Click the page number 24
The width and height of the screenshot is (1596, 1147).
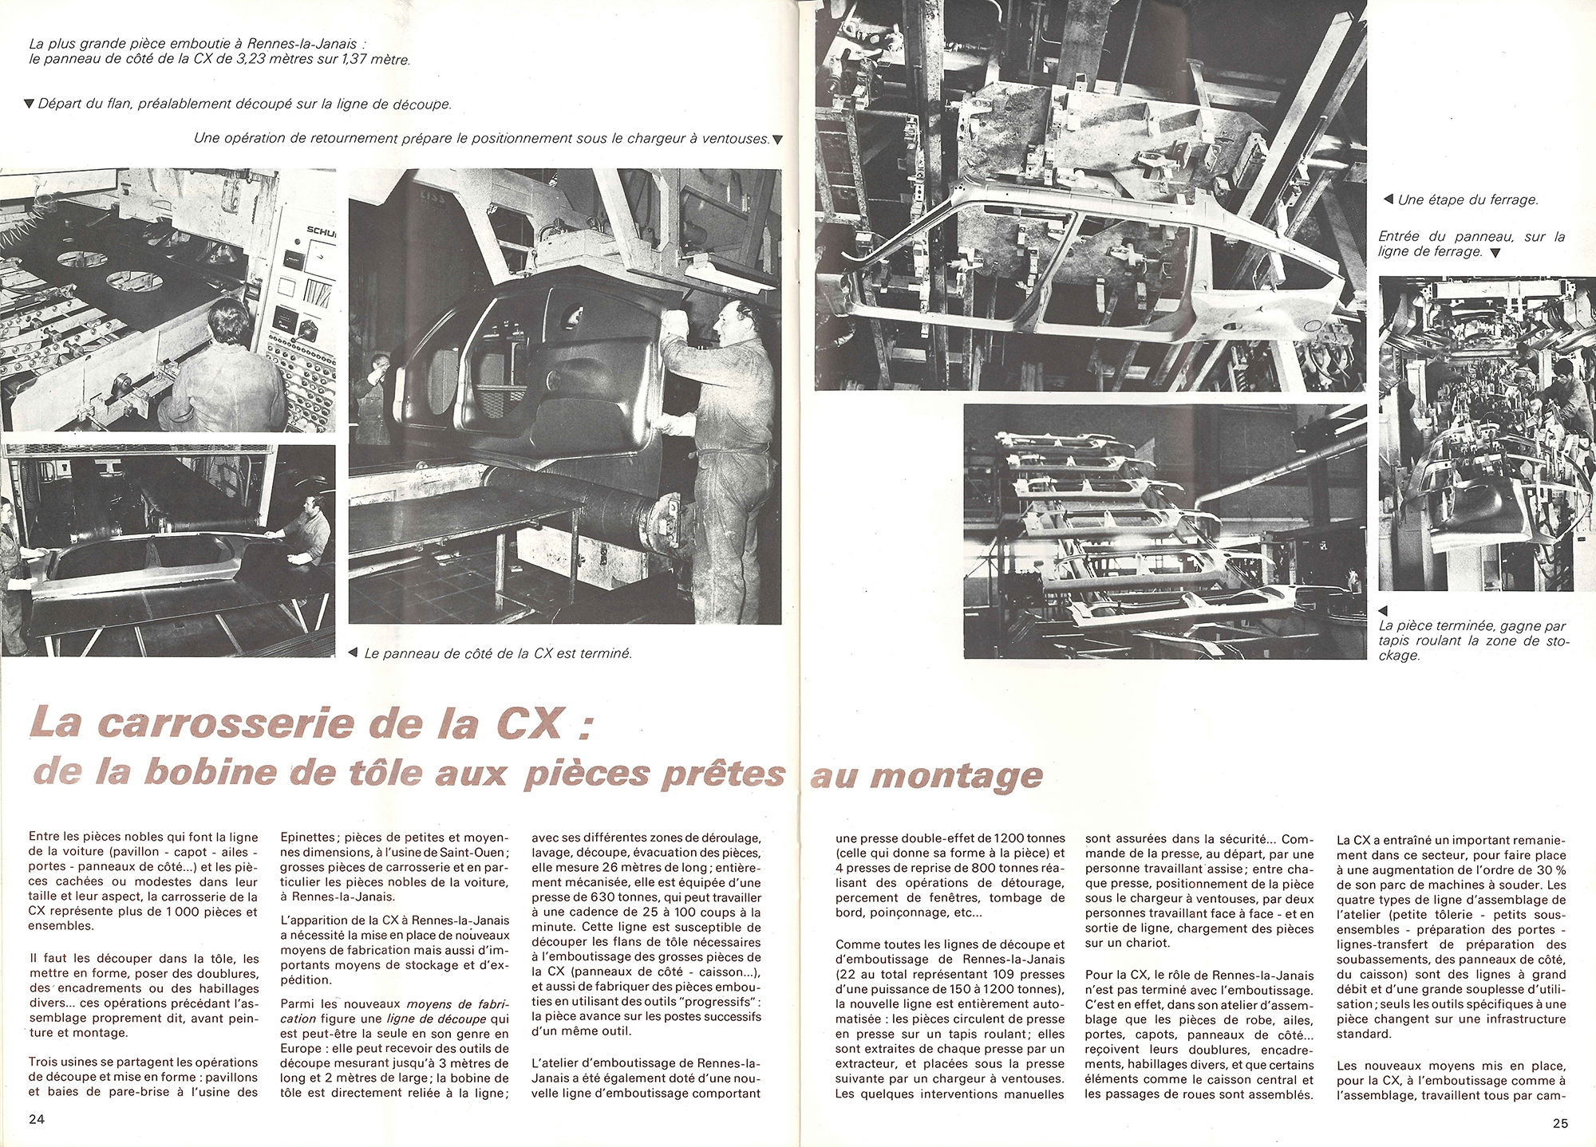[x=37, y=1118]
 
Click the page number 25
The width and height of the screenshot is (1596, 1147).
[x=1560, y=1123]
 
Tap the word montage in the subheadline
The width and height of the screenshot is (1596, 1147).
[x=966, y=775]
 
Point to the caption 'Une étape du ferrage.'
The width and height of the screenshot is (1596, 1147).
[x=1467, y=200]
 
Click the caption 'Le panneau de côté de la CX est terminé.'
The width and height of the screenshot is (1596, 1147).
[x=497, y=653]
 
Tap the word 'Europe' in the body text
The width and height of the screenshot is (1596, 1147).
[x=302, y=1048]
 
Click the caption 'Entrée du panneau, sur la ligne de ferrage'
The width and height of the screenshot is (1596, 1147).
[x=1471, y=243]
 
